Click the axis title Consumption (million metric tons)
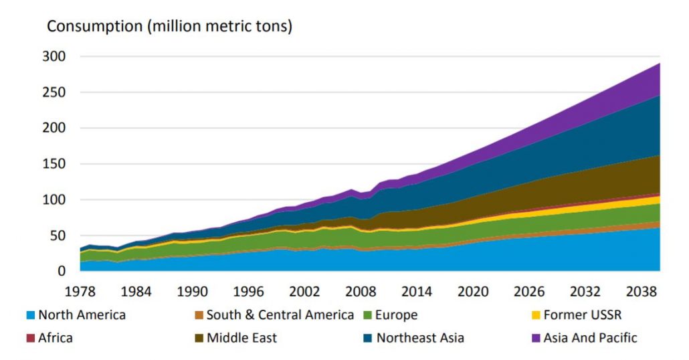tap(169, 27)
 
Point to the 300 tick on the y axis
tap(54, 57)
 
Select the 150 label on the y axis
tap(54, 164)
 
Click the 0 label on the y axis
tap(62, 271)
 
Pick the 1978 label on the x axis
tap(79, 292)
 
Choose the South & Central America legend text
tap(280, 315)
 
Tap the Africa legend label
tap(56, 338)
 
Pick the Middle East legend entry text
tap(241, 338)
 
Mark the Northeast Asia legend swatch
tap(368, 338)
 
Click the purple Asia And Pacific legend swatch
tap(537, 338)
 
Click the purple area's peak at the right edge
tap(660, 64)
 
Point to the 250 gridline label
tap(54, 92)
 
